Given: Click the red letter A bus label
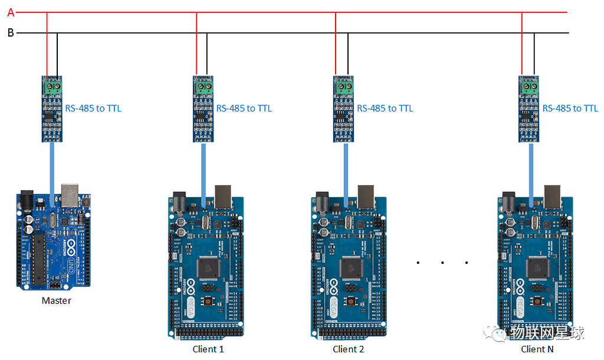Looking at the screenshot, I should point(10,11).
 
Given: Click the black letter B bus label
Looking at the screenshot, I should point(10,32).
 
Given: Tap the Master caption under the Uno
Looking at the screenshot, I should point(56,301).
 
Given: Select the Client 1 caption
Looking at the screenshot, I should point(208,349).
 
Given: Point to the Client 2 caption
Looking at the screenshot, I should point(349,349).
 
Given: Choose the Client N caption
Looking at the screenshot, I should point(537,349).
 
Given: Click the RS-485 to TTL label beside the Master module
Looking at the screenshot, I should point(93,109).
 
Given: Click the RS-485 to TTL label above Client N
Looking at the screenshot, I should point(570,109).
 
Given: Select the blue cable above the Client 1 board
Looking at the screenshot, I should point(203,171).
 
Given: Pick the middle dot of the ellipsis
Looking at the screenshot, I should point(442,262).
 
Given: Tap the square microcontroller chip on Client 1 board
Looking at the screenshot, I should point(208,267).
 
